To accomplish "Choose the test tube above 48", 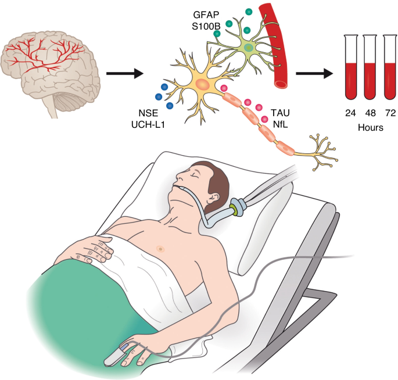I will click(x=370, y=67).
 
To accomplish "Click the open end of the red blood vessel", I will click(x=281, y=84).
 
